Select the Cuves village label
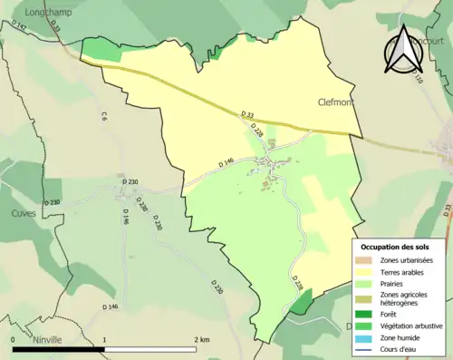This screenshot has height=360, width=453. click(24, 215)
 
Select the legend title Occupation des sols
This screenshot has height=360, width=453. click(395, 247)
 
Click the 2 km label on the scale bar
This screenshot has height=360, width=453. click(202, 339)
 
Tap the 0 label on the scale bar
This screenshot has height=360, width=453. click(14, 339)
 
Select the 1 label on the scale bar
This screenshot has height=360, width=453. click(105, 339)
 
